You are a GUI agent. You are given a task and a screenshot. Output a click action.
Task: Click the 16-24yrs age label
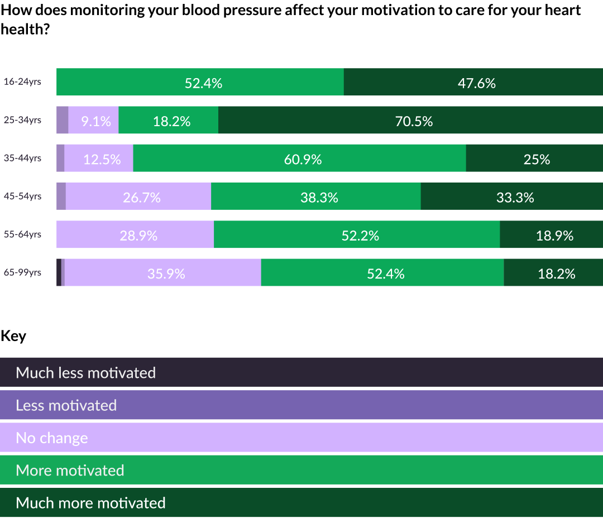point(23,82)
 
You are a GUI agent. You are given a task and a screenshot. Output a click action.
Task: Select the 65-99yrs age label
point(23,272)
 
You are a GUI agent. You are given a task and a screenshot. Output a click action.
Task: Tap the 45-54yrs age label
point(23,196)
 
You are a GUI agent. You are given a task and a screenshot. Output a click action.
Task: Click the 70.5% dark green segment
point(410,121)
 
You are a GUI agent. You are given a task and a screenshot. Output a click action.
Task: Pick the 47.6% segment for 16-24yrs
point(473,83)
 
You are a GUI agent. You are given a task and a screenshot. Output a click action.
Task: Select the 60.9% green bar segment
point(299,159)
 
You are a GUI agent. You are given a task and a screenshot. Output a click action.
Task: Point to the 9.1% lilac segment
point(94,121)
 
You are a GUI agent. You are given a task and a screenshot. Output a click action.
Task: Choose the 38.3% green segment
point(316,196)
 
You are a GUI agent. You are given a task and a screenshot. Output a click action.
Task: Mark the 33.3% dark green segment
point(511,196)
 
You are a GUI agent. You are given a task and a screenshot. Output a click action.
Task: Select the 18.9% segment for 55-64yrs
point(551,234)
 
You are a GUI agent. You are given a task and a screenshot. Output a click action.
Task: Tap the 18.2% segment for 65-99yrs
point(553,272)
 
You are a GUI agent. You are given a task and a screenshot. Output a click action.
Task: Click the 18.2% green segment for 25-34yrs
point(169,121)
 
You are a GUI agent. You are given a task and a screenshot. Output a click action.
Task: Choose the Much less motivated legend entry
point(301,372)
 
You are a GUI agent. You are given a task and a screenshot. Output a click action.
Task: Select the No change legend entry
point(301,438)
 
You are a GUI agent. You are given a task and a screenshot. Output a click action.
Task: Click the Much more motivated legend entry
point(301,502)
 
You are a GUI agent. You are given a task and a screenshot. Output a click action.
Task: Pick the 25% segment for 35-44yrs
point(534,159)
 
